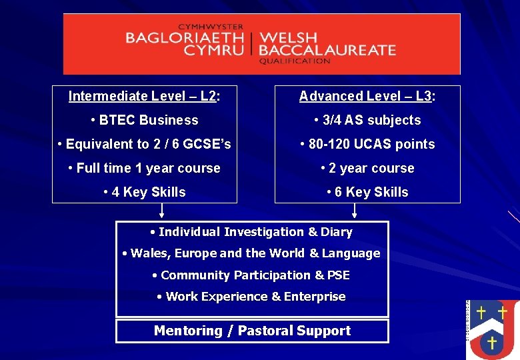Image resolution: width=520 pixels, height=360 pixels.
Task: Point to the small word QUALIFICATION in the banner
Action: [295, 61]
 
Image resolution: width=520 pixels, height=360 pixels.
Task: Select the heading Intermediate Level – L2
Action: [144, 96]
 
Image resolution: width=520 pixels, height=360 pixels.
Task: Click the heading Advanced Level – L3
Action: [367, 96]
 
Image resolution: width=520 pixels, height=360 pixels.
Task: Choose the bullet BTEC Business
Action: [145, 120]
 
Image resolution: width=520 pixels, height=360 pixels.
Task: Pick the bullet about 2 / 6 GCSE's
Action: [145, 144]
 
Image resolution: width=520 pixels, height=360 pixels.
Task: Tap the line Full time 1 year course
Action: [145, 168]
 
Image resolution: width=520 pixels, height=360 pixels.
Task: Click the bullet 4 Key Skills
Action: [145, 192]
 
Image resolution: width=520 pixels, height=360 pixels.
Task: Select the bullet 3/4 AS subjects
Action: [367, 120]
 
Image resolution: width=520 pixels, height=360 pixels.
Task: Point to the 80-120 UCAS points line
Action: [367, 144]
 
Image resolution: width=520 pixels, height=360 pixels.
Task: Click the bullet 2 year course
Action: [367, 168]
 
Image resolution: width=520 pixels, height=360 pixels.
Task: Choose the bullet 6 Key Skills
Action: [367, 192]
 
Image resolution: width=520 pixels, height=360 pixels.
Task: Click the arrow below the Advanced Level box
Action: [354, 211]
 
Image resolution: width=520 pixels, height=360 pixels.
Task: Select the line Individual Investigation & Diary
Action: [251, 232]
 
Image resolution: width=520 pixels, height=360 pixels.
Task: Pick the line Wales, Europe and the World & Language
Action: [251, 253]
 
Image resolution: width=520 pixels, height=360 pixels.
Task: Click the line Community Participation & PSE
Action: [251, 275]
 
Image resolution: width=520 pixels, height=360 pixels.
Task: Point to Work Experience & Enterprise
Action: [251, 297]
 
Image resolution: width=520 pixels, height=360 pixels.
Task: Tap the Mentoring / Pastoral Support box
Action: [252, 331]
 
